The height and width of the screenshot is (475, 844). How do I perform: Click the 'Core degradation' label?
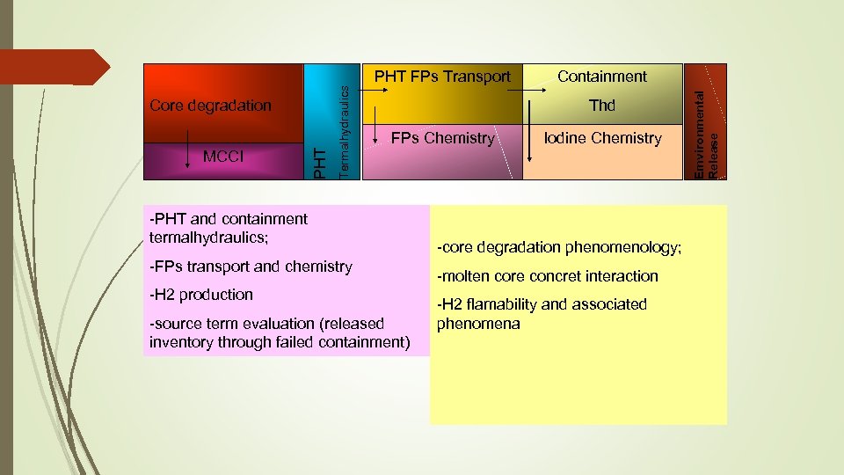click(211, 106)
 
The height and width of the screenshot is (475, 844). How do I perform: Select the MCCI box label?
click(224, 157)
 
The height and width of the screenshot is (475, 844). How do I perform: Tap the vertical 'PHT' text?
click(322, 164)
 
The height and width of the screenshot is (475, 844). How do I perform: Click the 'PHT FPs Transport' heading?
click(442, 77)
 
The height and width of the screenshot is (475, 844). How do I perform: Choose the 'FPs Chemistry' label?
click(442, 138)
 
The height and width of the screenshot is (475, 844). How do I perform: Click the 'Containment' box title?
click(602, 77)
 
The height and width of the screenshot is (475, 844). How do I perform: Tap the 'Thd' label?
click(602, 106)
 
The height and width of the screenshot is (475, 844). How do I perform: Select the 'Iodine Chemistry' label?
click(602, 138)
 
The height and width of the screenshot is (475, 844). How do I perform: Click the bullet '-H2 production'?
click(201, 295)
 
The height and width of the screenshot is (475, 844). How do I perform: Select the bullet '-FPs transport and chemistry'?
click(251, 267)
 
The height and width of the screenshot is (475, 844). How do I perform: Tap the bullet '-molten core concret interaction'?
click(549, 276)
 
